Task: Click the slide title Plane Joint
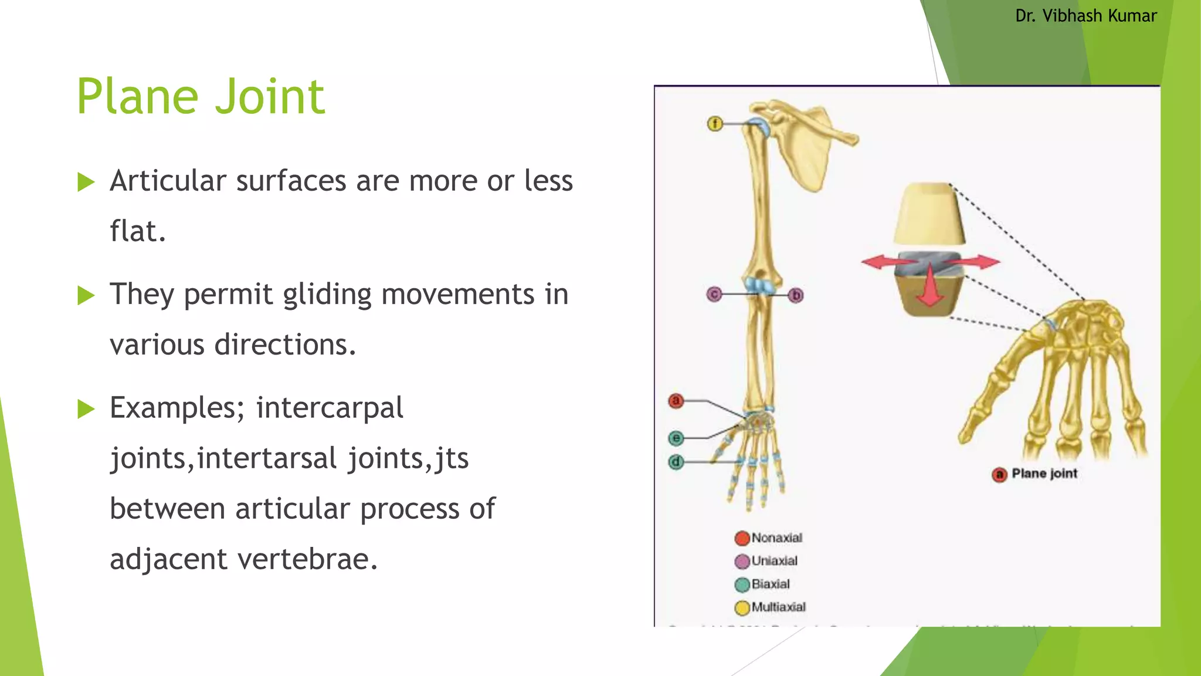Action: (201, 97)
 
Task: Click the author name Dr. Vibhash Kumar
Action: (1085, 16)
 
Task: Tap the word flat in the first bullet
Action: (137, 231)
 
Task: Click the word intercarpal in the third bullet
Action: (330, 407)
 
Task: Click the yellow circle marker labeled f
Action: (714, 124)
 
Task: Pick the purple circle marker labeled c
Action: (714, 294)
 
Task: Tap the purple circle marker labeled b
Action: (796, 295)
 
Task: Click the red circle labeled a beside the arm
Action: (676, 401)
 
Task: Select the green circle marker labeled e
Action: (676, 438)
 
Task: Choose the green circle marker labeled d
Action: (676, 462)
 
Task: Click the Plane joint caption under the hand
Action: (1044, 474)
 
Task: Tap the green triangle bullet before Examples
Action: (86, 409)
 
